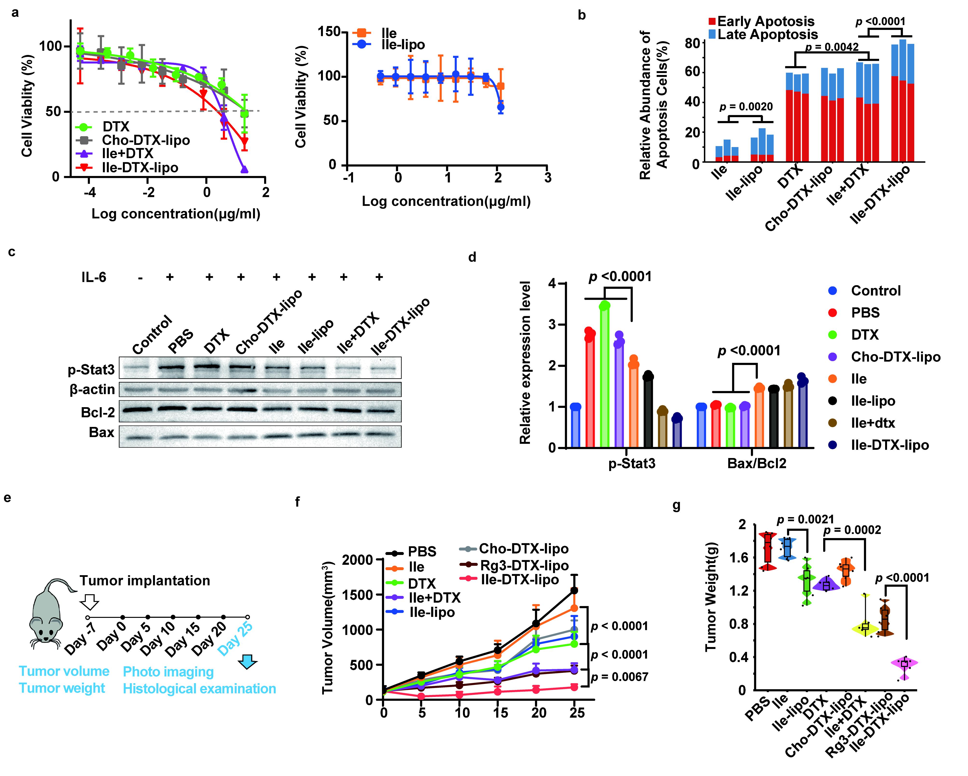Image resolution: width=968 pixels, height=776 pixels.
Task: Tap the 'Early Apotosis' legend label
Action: pos(766,21)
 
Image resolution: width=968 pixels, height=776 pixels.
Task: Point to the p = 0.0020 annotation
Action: pos(746,107)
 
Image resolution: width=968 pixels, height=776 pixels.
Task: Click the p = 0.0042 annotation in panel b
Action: pos(832,47)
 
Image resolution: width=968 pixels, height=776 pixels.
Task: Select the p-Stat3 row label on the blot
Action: pos(91,370)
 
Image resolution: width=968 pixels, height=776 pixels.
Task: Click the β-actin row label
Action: pos(92,389)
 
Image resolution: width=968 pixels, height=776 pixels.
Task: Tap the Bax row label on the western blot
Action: pos(101,432)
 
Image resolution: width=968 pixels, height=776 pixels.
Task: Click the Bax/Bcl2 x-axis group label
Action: pos(756,463)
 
